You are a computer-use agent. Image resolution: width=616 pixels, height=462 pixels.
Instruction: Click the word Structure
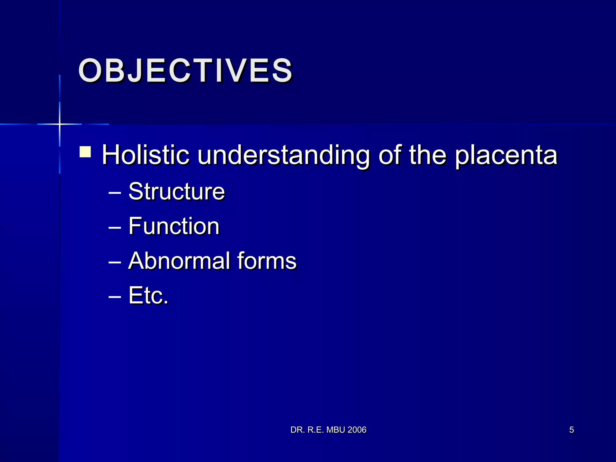click(x=177, y=191)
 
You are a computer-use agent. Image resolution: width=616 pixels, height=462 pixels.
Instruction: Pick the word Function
click(x=174, y=226)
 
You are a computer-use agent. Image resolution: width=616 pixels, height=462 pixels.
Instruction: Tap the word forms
click(x=266, y=260)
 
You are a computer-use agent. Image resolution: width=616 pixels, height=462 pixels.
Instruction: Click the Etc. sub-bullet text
click(x=148, y=295)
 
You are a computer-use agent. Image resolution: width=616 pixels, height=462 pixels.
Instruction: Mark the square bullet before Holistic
click(x=85, y=152)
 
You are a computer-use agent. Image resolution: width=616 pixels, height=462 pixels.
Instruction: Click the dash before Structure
click(x=115, y=193)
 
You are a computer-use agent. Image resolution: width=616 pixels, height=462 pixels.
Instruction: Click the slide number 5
click(x=571, y=430)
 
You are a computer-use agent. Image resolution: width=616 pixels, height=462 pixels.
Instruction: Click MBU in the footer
click(x=335, y=430)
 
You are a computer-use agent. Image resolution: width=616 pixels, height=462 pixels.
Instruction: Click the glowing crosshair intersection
click(x=60, y=124)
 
